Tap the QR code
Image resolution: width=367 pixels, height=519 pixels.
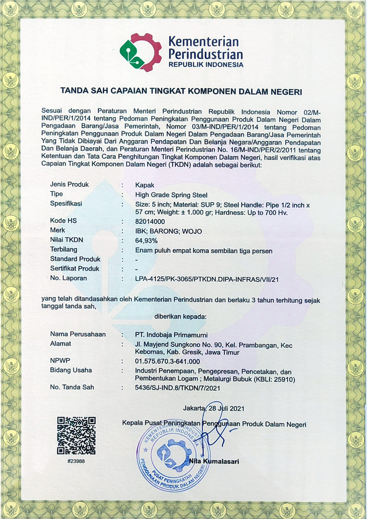click(76, 435)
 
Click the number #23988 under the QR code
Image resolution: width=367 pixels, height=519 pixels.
click(76, 461)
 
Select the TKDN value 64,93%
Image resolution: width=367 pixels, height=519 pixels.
click(146, 241)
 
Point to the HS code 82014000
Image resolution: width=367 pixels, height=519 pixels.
click(150, 222)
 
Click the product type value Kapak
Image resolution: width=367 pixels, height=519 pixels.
click(145, 185)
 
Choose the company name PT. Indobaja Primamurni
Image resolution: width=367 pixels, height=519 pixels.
click(171, 335)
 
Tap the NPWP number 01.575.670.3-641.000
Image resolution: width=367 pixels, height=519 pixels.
click(167, 361)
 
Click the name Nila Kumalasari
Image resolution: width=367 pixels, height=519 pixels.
click(214, 461)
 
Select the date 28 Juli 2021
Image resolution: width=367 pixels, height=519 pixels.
click(226, 409)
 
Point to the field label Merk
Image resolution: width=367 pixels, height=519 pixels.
click(57, 230)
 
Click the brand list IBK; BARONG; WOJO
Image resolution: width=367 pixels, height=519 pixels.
click(168, 231)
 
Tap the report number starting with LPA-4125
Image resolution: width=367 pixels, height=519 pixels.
click(207, 279)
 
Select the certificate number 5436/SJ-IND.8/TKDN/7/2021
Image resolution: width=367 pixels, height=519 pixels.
click(177, 388)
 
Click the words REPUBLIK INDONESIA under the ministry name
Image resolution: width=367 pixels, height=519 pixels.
click(206, 65)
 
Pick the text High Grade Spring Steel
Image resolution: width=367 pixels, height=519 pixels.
click(171, 195)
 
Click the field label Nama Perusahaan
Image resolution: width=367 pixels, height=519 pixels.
click(78, 334)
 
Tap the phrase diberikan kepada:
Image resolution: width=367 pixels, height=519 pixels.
click(180, 317)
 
